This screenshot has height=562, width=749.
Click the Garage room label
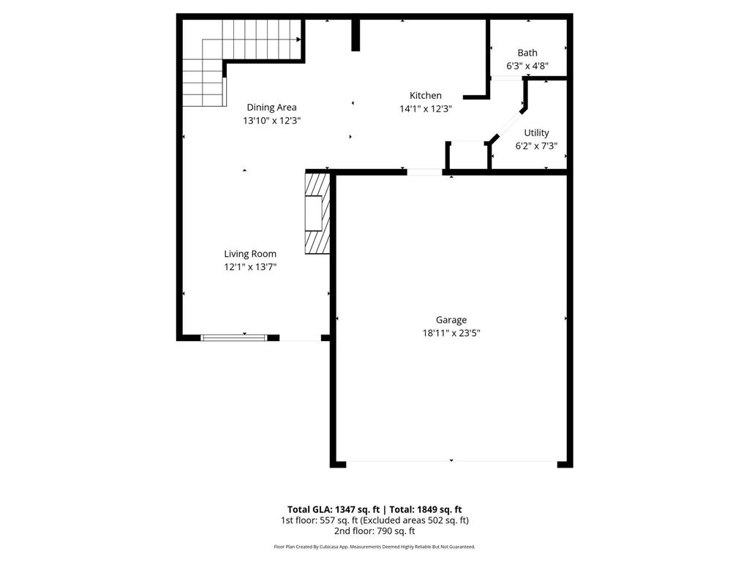[451, 320]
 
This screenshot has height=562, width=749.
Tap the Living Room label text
[250, 254]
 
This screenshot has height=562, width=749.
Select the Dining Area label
[271, 108]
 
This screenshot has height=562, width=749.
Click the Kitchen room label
[425, 95]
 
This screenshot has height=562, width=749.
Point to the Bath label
[527, 53]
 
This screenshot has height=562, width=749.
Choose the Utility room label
[536, 133]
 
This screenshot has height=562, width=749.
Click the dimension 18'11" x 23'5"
[451, 332]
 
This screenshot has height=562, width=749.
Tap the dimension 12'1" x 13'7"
[250, 267]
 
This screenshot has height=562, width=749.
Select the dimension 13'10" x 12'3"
[272, 121]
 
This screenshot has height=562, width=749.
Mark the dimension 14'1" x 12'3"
[425, 108]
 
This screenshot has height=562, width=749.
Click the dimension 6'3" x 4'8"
[527, 66]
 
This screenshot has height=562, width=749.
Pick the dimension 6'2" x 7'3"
[536, 146]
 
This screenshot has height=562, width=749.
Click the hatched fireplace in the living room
[317, 213]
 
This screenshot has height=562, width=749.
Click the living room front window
[234, 337]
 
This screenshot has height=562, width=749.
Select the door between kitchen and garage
[424, 172]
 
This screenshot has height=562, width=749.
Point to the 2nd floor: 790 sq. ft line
[374, 531]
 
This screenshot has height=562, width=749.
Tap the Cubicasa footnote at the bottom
[374, 547]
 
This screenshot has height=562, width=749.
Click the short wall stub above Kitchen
[355, 34]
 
